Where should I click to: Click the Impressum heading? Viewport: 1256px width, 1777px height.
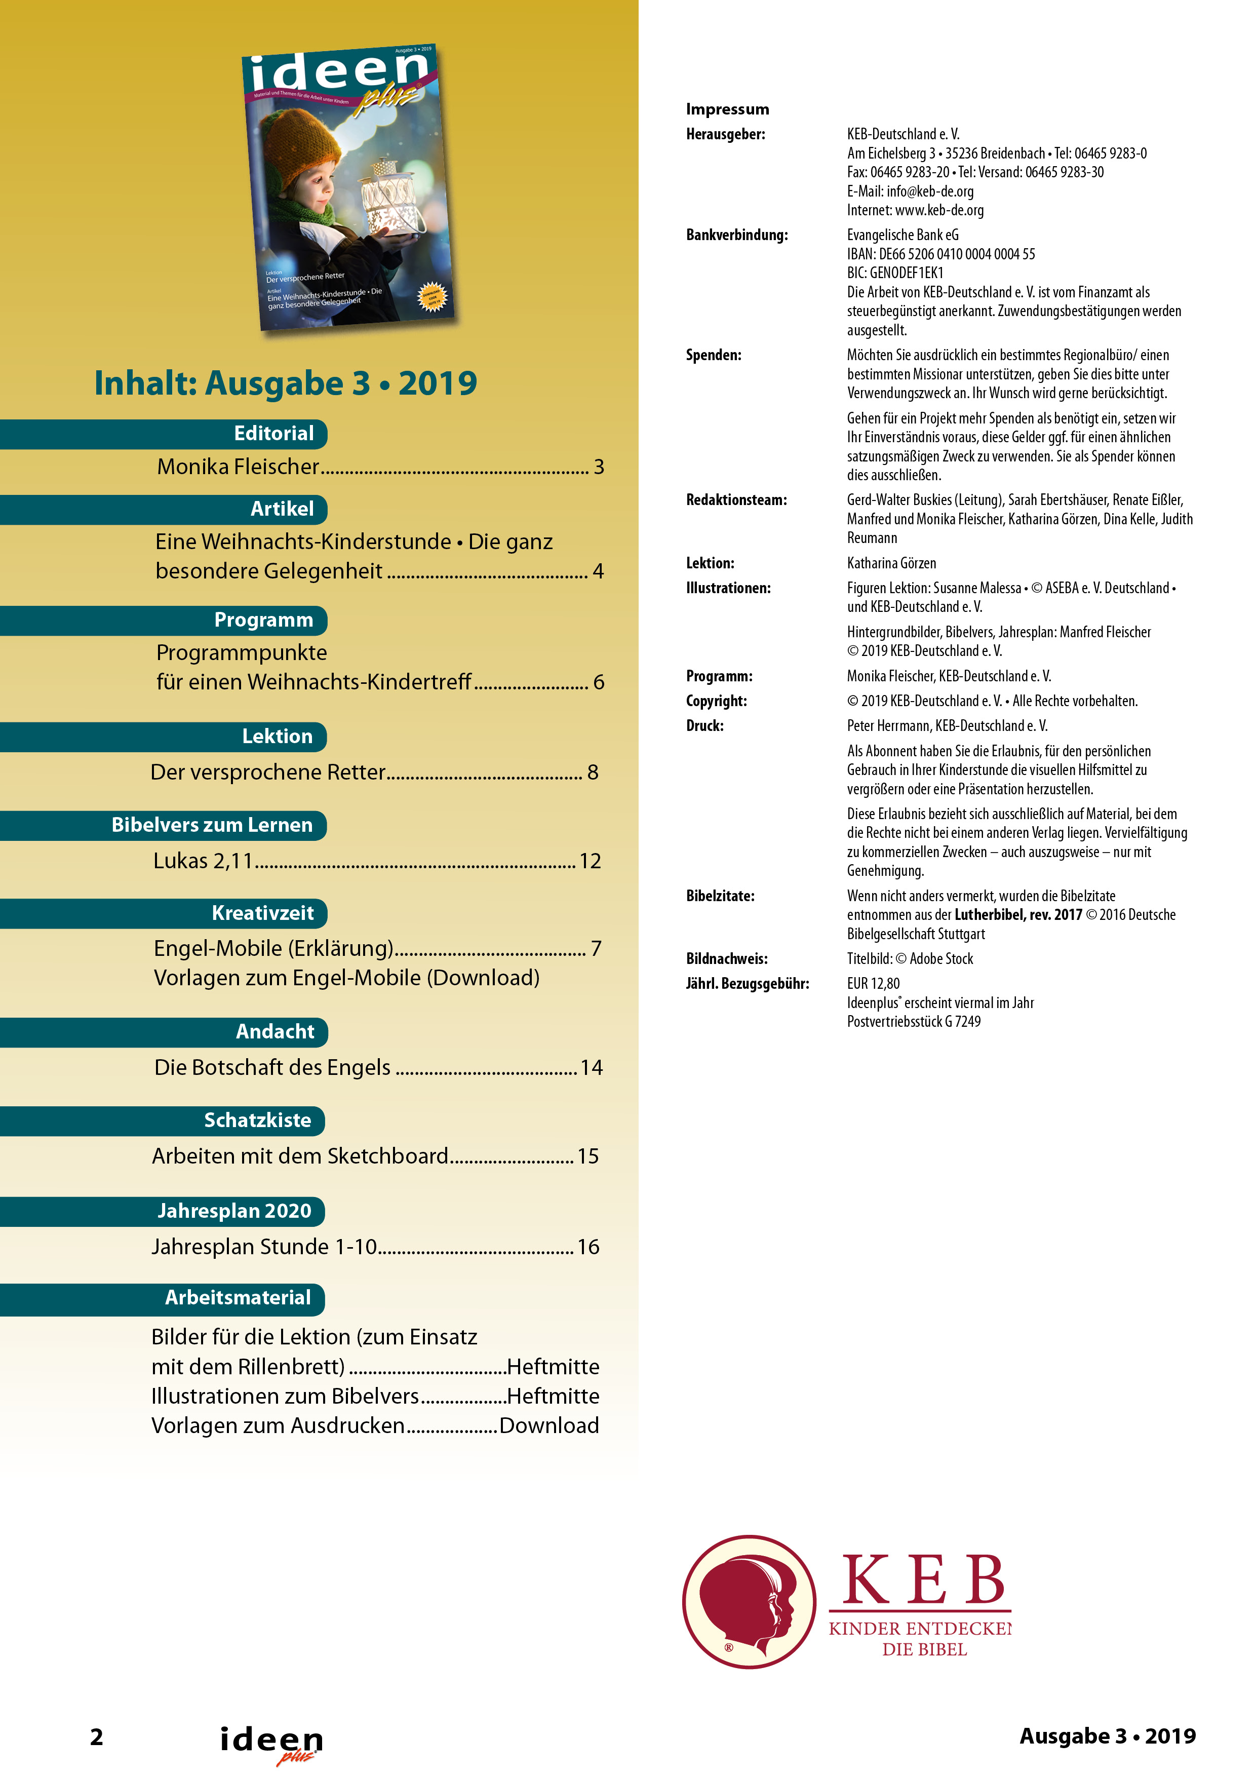click(x=727, y=109)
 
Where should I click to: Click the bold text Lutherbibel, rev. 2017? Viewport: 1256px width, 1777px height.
click(x=1017, y=915)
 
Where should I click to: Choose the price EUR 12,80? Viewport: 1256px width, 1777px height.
click(x=873, y=984)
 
